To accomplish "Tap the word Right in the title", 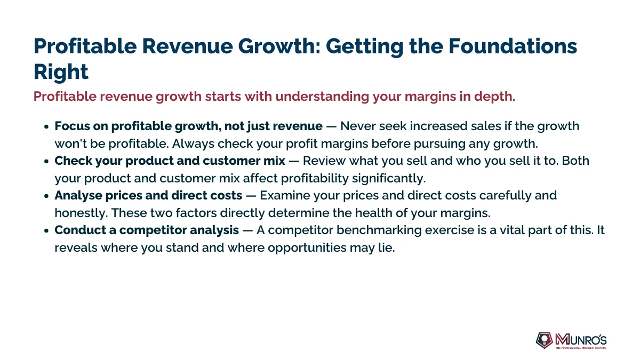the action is tap(61, 72).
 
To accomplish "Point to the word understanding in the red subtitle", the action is tap(322, 97).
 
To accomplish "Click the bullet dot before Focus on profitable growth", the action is tap(46, 127).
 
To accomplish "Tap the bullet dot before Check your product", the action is tap(46, 162).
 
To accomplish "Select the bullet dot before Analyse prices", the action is tap(46, 196).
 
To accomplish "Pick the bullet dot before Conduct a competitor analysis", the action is tap(46, 230).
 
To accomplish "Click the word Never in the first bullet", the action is tap(358, 126).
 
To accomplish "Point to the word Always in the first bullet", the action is tap(193, 143).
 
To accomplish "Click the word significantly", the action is tap(389, 179).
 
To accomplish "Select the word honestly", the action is tap(81, 213).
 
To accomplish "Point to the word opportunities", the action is tap(307, 248).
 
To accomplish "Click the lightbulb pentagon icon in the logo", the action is tap(545, 340).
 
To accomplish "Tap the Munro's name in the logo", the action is tap(581, 340).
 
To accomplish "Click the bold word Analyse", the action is tap(78, 196).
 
